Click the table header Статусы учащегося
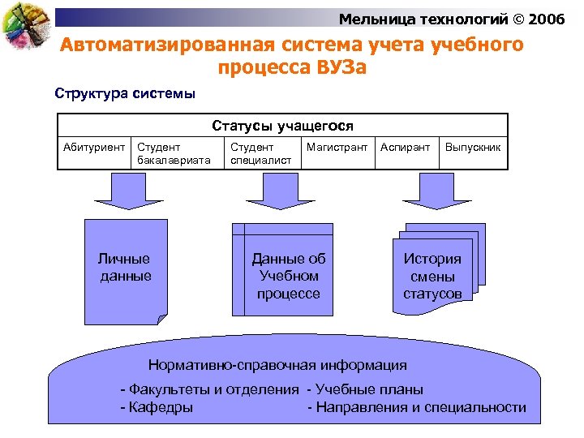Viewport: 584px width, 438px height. [282, 126]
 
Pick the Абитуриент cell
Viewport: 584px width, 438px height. [95, 148]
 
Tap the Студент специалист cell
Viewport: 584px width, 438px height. [260, 153]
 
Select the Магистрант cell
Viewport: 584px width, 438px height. [337, 148]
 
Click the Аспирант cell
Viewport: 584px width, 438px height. [406, 148]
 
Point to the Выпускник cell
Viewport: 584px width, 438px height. [473, 148]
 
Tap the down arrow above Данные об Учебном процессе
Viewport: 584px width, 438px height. [280, 192]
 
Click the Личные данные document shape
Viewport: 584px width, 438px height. [126, 268]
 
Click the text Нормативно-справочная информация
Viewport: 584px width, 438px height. [277, 364]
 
